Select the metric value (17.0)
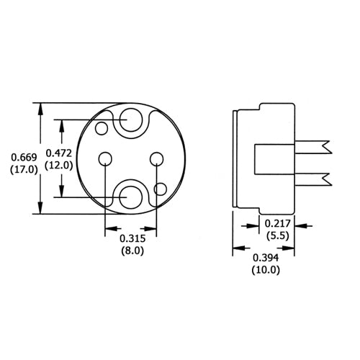19,170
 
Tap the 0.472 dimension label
59,153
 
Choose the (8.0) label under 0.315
131,252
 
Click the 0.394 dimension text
266,258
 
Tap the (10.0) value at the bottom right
266,270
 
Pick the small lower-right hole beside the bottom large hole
161,189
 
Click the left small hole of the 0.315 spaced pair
106,158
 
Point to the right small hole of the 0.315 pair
156,158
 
